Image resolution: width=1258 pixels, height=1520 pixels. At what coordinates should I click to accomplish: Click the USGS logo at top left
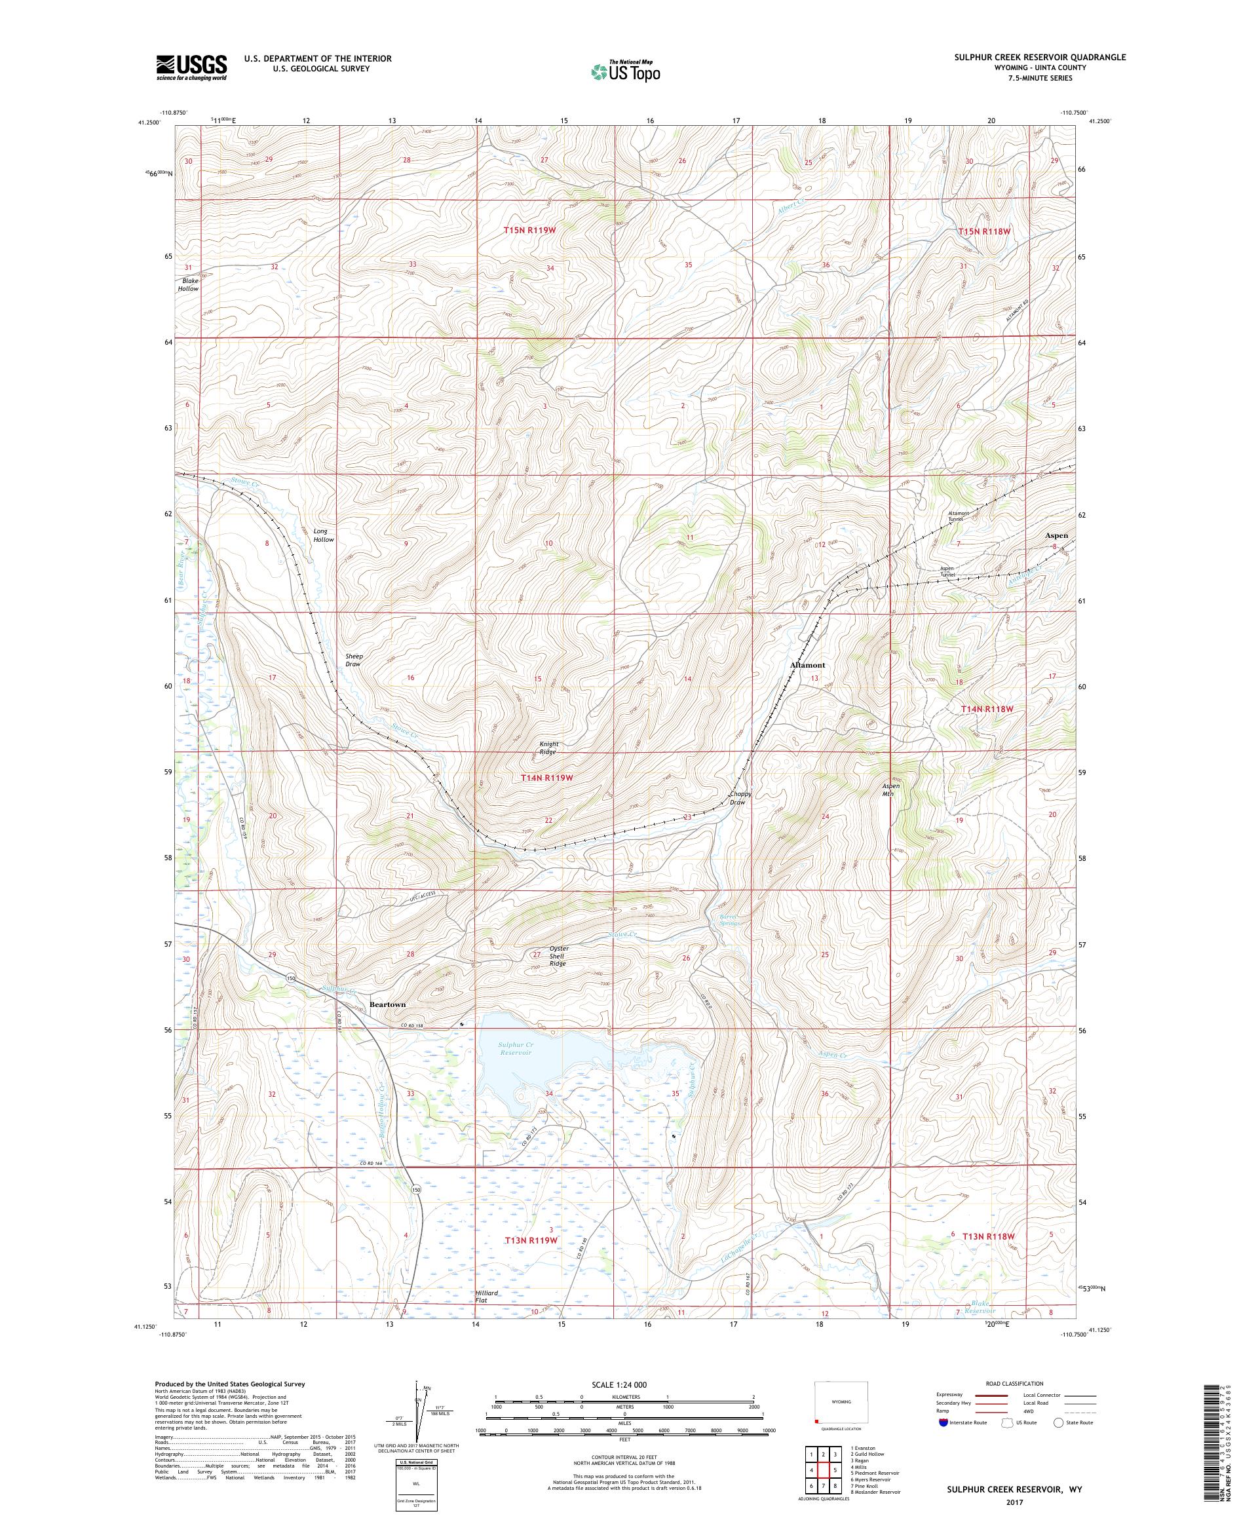191,67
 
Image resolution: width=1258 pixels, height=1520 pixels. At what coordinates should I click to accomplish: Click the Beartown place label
387,1004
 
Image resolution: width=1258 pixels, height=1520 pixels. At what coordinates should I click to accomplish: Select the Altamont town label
807,664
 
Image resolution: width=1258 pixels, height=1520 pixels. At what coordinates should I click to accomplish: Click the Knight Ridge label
548,748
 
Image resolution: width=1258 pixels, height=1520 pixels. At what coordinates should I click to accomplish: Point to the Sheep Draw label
353,659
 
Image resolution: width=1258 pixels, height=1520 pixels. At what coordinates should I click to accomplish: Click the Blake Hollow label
188,284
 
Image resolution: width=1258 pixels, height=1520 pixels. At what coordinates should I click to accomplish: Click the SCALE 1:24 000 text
624,1384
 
